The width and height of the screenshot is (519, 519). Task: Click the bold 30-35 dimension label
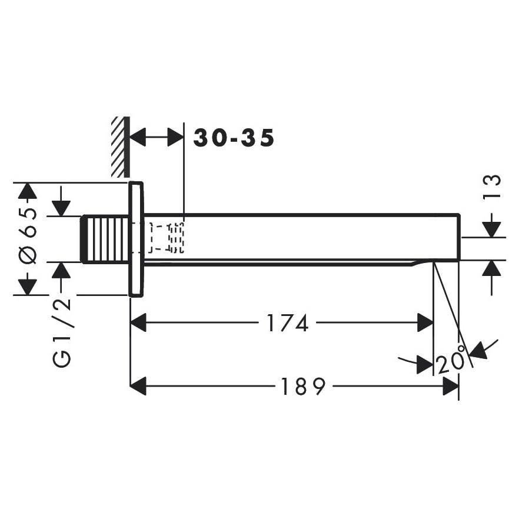point(234,138)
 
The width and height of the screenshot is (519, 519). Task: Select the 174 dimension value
point(287,323)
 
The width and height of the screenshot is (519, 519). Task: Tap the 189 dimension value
point(304,386)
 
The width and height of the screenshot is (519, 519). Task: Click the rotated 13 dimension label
point(491,187)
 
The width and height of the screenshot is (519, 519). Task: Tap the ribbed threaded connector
point(105,239)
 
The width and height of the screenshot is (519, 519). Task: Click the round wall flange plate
point(136,239)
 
